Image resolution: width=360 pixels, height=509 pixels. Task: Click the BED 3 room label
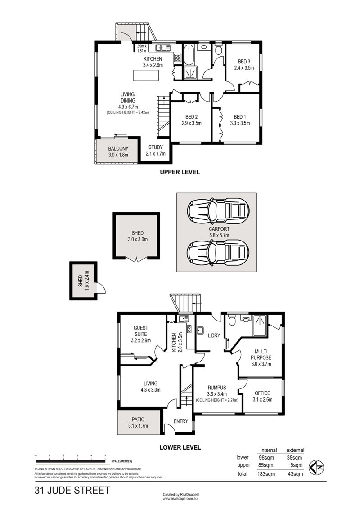244,61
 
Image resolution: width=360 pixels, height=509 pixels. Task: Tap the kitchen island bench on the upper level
147,75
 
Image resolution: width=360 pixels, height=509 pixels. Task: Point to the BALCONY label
118,148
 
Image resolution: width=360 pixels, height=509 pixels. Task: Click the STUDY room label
156,147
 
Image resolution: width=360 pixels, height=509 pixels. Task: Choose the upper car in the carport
218,211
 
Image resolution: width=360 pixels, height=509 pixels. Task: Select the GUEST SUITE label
141,331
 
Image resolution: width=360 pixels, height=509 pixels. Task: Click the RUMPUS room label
217,388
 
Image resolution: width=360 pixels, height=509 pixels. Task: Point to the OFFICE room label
262,393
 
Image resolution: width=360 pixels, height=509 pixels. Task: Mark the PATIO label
138,420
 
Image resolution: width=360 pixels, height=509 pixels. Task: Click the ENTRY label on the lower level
181,421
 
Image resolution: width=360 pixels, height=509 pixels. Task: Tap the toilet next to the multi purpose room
232,320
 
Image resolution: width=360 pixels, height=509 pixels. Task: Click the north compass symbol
316,468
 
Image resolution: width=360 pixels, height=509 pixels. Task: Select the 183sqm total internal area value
265,474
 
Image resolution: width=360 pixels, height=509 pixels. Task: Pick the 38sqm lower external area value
294,458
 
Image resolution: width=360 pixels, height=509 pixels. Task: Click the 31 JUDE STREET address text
72,490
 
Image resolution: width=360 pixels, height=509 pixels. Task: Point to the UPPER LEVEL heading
180,172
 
